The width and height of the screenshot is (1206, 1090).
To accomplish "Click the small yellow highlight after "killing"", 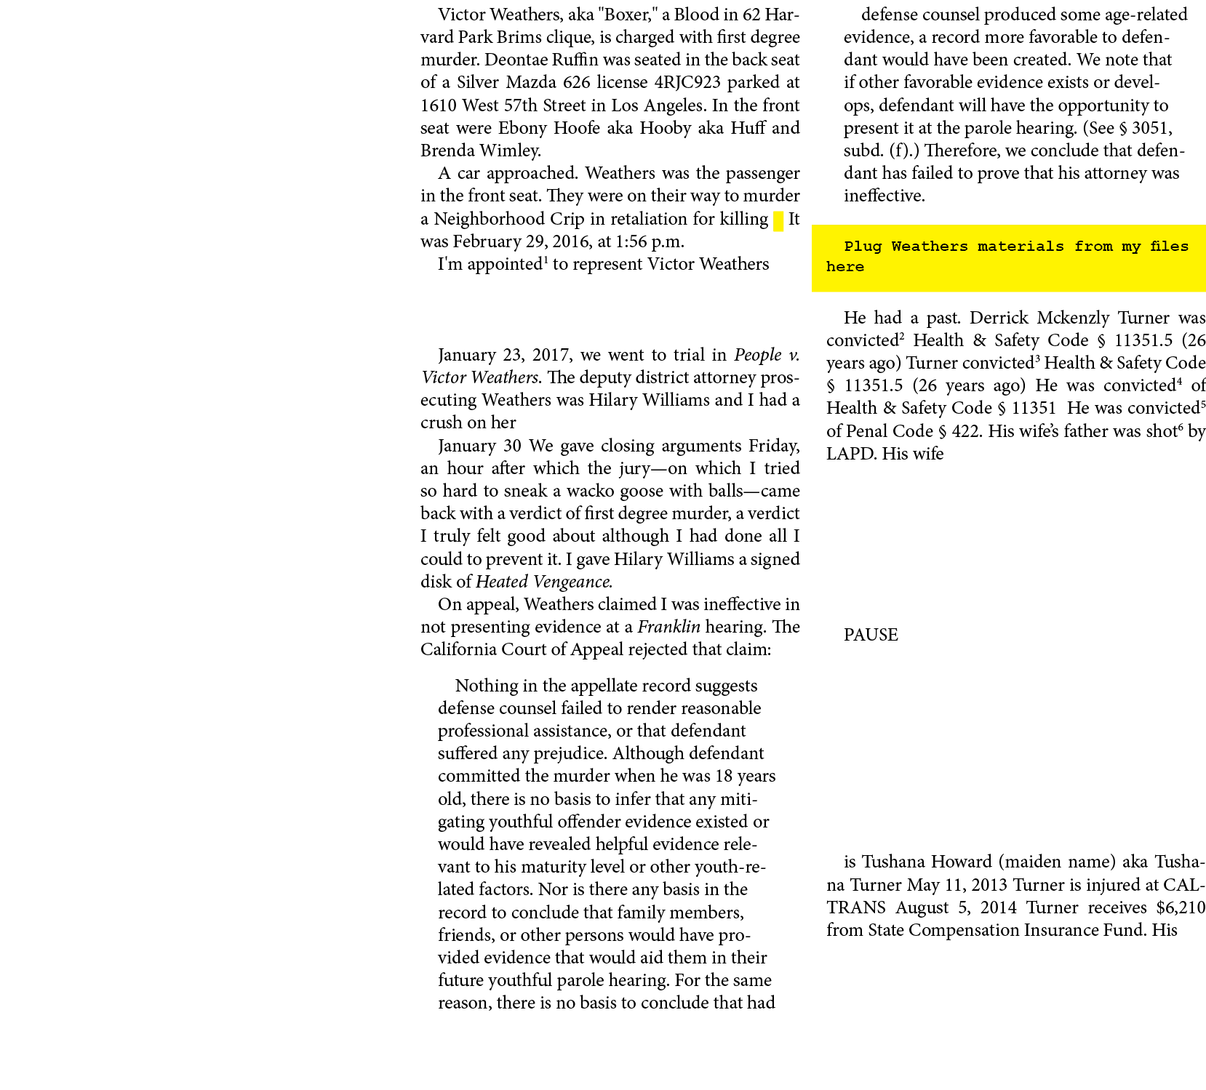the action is [778, 221].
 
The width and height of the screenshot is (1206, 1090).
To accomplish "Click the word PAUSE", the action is [871, 635].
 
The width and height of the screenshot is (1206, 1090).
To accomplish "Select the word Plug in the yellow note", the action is [863, 247].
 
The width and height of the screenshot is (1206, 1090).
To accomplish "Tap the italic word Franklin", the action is [669, 627].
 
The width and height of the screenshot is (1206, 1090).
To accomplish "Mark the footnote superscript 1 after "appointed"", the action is [546, 260].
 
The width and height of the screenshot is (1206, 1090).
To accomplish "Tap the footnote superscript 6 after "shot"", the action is [1180, 427].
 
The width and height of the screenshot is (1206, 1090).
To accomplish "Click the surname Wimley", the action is [512, 151].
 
